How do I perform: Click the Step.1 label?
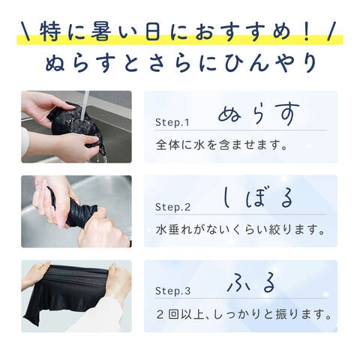[x=172, y=122]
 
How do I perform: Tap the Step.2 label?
[x=172, y=207]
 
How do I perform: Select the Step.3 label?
[x=172, y=291]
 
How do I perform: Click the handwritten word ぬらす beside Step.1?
[x=259, y=114]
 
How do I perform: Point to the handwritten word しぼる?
[x=257, y=197]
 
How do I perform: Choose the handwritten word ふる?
[x=251, y=283]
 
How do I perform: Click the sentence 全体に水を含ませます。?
[x=221, y=145]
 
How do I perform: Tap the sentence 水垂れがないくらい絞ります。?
[x=240, y=229]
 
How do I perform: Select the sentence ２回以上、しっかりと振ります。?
[x=244, y=314]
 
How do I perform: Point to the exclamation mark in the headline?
[x=306, y=31]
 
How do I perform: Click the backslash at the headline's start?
[x=25, y=31]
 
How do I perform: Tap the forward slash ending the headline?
[x=332, y=31]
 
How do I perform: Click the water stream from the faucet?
[x=85, y=105]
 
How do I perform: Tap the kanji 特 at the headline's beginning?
[x=50, y=31]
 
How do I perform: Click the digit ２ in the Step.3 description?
[x=160, y=314]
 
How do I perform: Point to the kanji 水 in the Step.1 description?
[x=199, y=145]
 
